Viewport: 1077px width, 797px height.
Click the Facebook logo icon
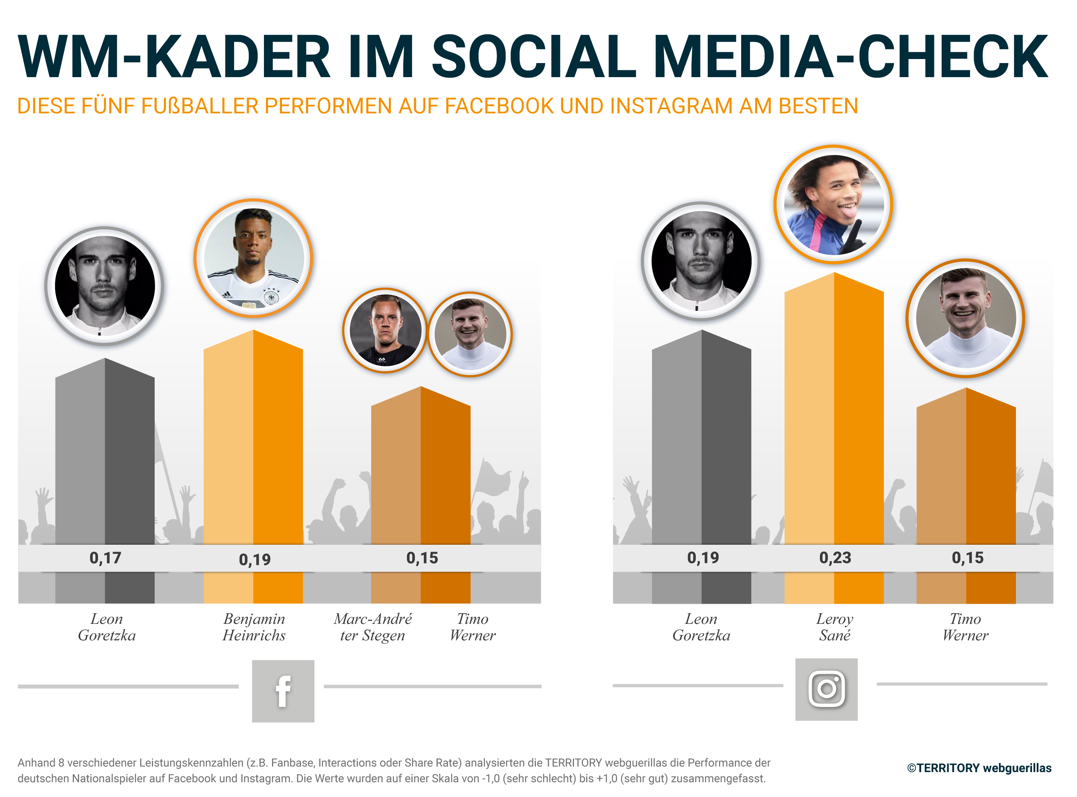pyautogui.click(x=283, y=691)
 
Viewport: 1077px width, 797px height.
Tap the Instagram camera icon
pyautogui.click(x=827, y=689)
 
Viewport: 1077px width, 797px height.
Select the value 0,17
pyautogui.click(x=105, y=558)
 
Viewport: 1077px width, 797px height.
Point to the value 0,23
pyautogui.click(x=835, y=558)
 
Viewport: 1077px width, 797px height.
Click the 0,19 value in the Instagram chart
pyautogui.click(x=703, y=558)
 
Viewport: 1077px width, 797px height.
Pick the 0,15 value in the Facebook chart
pyautogui.click(x=422, y=558)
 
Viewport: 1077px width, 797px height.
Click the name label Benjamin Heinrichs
pyautogui.click(x=254, y=627)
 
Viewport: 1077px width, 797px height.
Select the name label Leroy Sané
pyautogui.click(x=835, y=627)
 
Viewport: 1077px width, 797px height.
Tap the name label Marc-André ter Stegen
pyautogui.click(x=373, y=627)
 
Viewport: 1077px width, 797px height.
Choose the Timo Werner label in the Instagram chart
pyautogui.click(x=966, y=627)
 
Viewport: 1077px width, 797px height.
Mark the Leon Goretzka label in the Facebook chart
pyautogui.click(x=106, y=627)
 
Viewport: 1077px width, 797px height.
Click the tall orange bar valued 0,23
pyautogui.click(x=834, y=410)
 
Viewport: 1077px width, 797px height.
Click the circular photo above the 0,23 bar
pyautogui.click(x=834, y=204)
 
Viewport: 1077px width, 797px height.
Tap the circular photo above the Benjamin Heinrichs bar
pyautogui.click(x=254, y=259)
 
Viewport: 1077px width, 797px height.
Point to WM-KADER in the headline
pyautogui.click(x=174, y=57)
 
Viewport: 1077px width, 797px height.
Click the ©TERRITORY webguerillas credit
pyautogui.click(x=979, y=768)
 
